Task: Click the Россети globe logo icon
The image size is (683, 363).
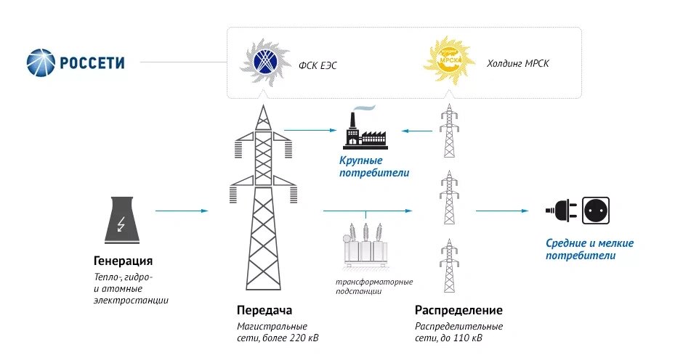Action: click(x=42, y=62)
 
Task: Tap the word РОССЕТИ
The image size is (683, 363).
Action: click(x=93, y=63)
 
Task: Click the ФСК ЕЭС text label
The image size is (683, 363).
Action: click(x=318, y=66)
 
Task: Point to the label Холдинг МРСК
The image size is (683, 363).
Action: click(x=519, y=64)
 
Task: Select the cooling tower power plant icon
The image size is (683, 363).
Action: click(x=121, y=219)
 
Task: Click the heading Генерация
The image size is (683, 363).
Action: click(x=123, y=261)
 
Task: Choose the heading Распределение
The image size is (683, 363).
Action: click(x=458, y=309)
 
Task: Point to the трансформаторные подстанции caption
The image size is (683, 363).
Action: click(x=373, y=286)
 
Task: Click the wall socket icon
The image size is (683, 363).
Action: click(x=596, y=211)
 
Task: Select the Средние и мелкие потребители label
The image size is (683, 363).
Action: click(x=590, y=250)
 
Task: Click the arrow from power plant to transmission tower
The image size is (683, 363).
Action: click(x=181, y=211)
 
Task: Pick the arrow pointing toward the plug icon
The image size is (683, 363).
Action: click(x=502, y=211)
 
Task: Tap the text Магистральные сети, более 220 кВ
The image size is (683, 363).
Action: click(x=277, y=333)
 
